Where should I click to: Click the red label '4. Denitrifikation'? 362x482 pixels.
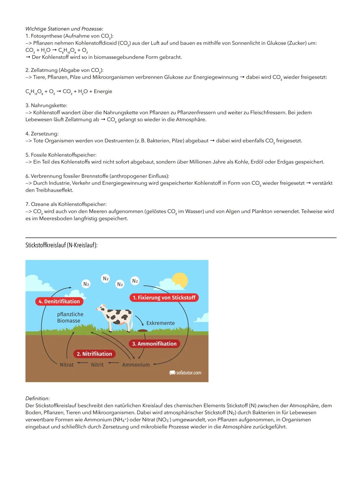[59, 301]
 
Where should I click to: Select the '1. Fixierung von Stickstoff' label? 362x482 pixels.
[164, 298]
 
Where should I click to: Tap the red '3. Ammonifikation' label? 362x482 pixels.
[154, 344]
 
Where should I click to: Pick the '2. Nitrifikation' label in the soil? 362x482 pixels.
[94, 354]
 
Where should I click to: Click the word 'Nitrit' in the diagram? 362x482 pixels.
[97, 365]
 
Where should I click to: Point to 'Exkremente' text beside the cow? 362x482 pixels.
[160, 323]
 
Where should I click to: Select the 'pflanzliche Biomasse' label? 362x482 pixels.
[70, 318]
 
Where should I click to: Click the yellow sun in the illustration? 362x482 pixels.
[179, 280]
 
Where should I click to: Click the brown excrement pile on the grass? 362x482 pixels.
[142, 331]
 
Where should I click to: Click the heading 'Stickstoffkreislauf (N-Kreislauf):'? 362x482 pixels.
[61, 246]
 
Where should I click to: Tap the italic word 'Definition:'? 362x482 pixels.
[38, 399]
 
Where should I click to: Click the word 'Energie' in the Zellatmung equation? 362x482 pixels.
[103, 91]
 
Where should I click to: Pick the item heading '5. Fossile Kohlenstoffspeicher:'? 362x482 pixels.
[61, 155]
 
